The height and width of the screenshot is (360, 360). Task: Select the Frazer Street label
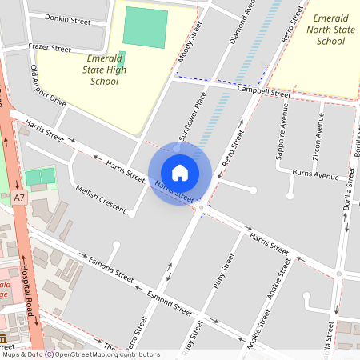coord(50,48)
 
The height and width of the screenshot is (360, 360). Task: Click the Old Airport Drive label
coord(48,86)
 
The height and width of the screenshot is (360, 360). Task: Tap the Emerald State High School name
coord(105,70)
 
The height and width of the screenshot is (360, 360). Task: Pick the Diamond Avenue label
coord(240,22)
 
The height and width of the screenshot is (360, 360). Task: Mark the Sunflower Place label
coord(193,117)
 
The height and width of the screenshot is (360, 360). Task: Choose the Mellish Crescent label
coord(101,199)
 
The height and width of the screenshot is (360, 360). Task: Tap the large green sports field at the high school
coord(146,27)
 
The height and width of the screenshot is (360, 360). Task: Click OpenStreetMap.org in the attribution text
coord(108,354)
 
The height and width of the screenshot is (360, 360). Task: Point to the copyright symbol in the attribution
coord(49,354)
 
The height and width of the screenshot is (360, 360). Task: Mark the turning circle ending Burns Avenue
coord(253,190)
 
